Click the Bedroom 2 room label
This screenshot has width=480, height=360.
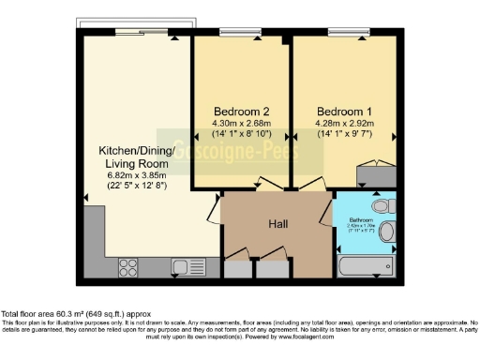[x=241, y=108]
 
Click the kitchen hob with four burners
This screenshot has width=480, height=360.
[x=129, y=266]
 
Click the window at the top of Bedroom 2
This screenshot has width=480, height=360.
[x=241, y=35]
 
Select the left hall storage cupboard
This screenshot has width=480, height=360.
[x=239, y=266]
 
